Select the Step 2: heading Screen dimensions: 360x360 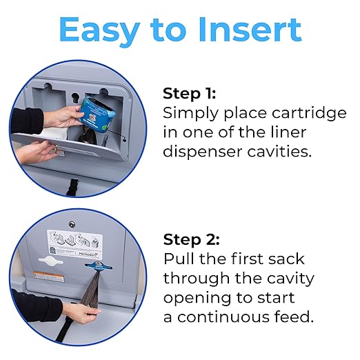click(192, 240)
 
